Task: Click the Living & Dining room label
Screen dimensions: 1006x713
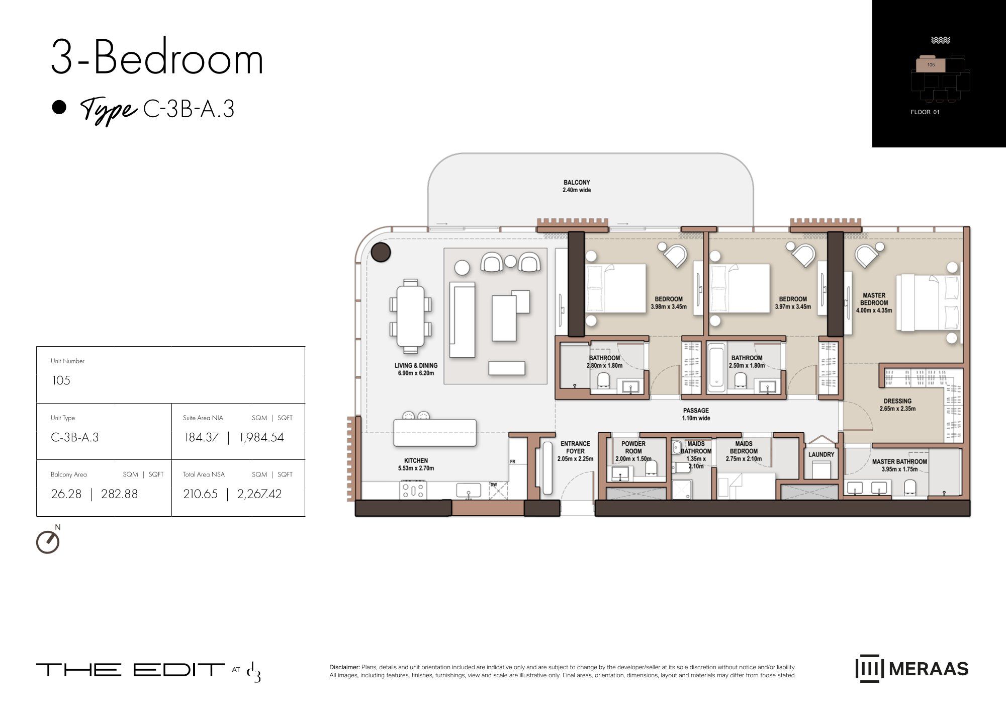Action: coord(416,369)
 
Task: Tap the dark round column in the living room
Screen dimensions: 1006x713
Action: coord(381,252)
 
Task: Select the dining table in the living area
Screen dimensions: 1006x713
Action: coord(410,316)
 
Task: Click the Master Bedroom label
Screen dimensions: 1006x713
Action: coord(874,303)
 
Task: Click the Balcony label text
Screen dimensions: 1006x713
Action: coord(577,186)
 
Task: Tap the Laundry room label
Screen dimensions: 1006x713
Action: coord(821,454)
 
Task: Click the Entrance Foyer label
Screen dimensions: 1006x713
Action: coord(575,451)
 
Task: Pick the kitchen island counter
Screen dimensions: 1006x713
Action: coord(435,433)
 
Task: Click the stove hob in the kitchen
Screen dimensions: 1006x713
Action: coord(413,490)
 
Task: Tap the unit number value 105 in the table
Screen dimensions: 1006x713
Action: coord(61,380)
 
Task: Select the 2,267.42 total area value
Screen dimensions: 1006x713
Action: coord(259,494)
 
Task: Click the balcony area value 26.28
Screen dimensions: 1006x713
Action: coord(66,494)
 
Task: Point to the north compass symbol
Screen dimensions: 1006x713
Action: coord(48,541)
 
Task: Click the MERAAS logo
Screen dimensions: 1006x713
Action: coord(912,669)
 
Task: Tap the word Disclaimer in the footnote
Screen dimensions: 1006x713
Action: coord(344,667)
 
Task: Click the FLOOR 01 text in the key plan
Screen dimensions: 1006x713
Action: coord(925,112)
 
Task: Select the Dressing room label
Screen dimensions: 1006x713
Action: coord(897,405)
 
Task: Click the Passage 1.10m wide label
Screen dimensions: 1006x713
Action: coord(696,414)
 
